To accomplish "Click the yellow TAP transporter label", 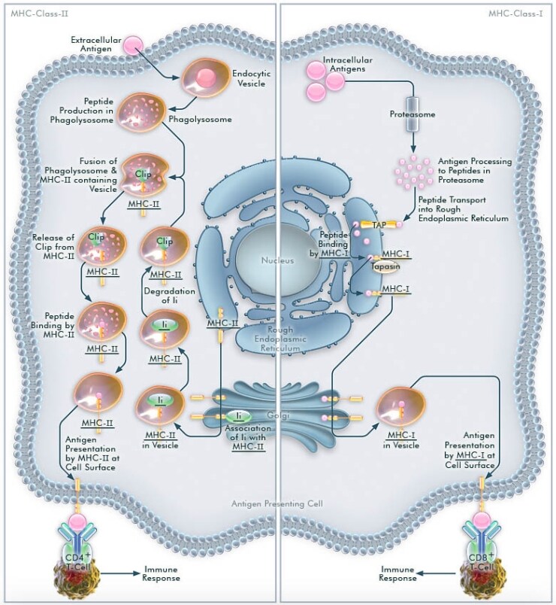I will (378, 224).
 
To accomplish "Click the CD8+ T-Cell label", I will (482, 561).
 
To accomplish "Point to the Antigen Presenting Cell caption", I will (279, 503).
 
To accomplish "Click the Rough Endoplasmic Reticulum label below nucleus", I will (279, 339).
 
